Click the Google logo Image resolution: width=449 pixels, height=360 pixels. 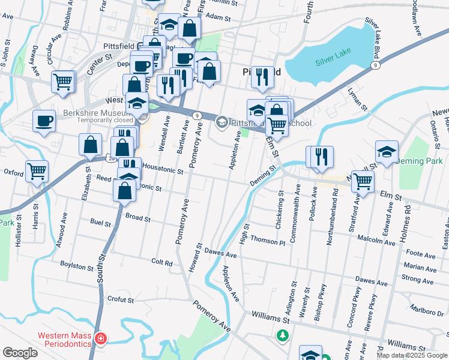[20, 353]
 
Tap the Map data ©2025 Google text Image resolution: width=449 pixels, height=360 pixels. [411, 355]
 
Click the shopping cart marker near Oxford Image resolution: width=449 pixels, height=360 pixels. [37, 170]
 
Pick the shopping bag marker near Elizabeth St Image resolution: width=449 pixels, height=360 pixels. [89, 144]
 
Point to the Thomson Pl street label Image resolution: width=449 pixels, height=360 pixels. [267, 241]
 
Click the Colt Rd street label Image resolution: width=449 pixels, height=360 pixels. [162, 262]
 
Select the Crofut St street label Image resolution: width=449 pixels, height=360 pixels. [120, 299]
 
